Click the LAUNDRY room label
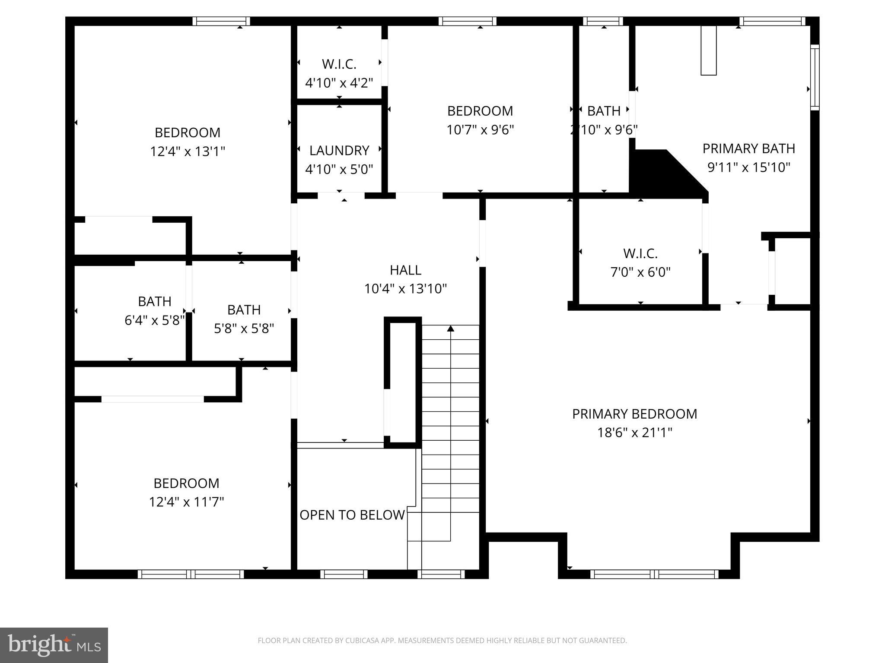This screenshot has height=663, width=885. tap(339, 151)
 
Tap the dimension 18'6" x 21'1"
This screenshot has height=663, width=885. tap(634, 433)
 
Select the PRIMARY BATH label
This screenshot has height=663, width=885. tap(748, 148)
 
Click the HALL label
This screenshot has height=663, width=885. tap(405, 270)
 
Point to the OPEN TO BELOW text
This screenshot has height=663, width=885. tap(352, 515)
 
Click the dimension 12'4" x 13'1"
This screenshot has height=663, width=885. tap(188, 152)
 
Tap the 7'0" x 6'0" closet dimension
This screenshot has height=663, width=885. tap(640, 272)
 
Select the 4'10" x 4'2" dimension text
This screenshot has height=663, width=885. tap(339, 82)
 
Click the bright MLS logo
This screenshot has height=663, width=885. tap(54, 645)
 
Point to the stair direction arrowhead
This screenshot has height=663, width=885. tap(451, 328)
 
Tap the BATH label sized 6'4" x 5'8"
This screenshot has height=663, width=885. tap(155, 301)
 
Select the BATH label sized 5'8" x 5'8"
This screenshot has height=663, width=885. tap(244, 310)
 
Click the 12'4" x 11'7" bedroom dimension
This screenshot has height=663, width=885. tap(187, 502)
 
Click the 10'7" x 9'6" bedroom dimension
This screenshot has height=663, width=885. tap(480, 129)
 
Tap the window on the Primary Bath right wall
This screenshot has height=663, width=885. tap(815, 78)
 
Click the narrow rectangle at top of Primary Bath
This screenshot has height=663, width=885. tap(708, 51)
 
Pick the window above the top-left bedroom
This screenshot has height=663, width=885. tap(221, 21)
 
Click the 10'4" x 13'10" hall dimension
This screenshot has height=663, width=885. tap(405, 289)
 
